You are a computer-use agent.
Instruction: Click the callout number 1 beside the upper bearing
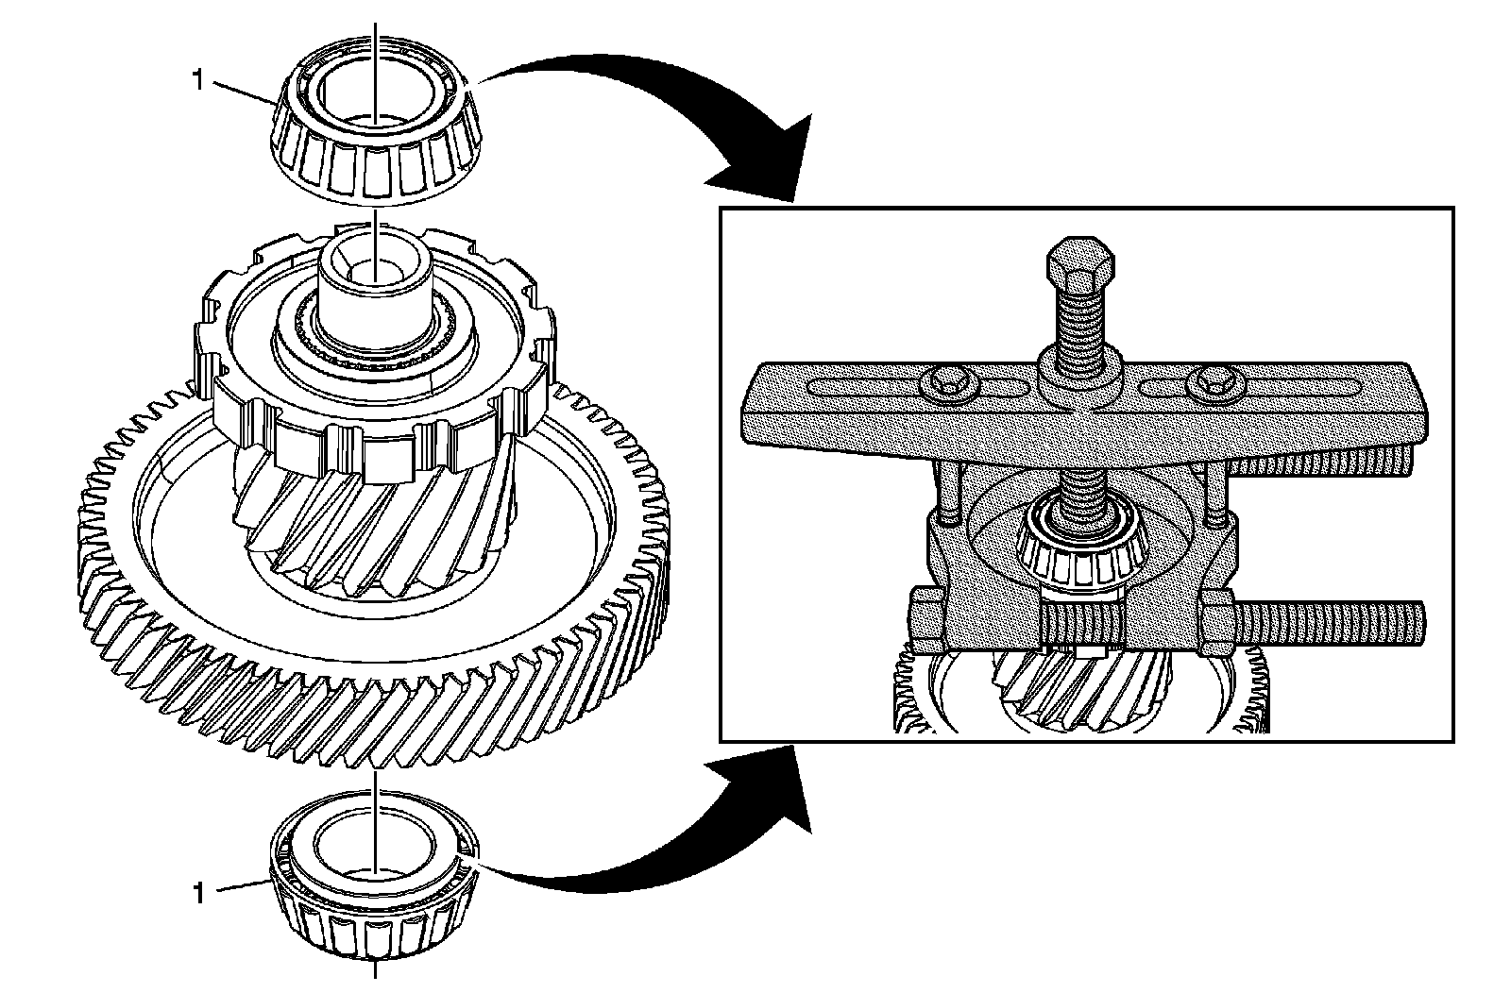(197, 81)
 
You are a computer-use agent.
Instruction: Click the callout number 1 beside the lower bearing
(197, 893)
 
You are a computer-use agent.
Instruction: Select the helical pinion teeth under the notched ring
(368, 529)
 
